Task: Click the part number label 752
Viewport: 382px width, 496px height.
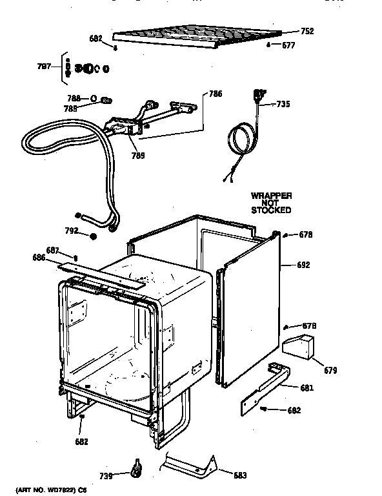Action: (x=307, y=31)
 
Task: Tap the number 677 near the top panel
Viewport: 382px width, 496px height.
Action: (x=288, y=45)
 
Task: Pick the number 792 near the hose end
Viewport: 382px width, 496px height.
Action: (x=72, y=231)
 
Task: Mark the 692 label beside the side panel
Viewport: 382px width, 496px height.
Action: (x=304, y=264)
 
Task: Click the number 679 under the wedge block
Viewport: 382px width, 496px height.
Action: (x=330, y=370)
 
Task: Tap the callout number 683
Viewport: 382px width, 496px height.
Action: (x=240, y=475)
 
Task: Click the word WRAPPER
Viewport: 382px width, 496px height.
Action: (x=272, y=195)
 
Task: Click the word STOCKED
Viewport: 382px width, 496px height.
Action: (x=272, y=211)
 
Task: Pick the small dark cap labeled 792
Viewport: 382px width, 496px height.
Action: (x=94, y=236)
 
